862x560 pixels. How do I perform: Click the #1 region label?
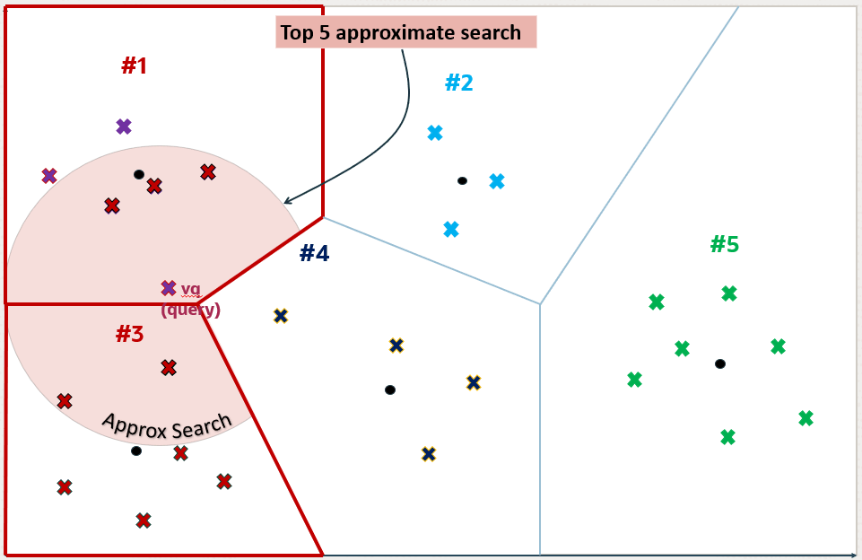135,66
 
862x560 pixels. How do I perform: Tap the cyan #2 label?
459,83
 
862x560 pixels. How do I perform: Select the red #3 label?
130,334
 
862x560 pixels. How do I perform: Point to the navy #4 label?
315,254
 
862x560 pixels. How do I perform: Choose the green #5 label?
725,244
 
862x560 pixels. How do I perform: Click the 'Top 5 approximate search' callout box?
405,32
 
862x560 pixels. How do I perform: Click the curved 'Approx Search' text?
167,425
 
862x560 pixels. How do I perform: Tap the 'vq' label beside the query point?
191,289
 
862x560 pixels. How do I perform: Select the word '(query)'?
191,309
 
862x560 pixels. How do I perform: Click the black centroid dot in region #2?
462,180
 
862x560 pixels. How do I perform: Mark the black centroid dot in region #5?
720,363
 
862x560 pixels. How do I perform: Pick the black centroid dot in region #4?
390,390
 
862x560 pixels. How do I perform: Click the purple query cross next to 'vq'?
169,288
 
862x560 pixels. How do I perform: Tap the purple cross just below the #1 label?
124,127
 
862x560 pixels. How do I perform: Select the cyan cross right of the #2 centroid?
497,181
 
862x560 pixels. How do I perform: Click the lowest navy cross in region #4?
429,454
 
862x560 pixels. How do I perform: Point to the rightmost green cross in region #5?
805,418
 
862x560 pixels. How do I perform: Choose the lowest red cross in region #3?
144,521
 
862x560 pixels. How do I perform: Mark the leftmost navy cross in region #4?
281,316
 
